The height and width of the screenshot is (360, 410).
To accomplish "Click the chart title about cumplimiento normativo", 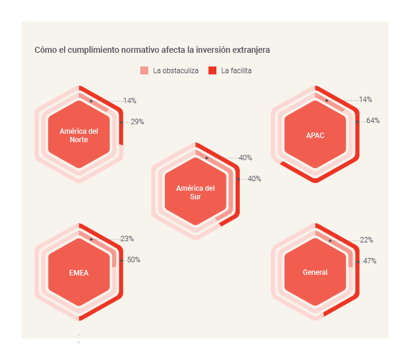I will coord(152,49).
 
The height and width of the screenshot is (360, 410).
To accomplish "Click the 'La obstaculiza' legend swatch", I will coord(144,71).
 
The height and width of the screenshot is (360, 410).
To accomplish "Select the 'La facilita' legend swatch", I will coord(212,71).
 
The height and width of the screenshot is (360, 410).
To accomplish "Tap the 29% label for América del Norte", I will coord(137,122).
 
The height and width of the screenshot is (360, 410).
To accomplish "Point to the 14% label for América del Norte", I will coord(130,101).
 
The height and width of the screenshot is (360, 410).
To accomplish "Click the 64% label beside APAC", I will coord(373,121).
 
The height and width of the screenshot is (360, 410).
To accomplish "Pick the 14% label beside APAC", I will coord(366,100).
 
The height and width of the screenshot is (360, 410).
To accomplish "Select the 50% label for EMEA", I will coord(134,260).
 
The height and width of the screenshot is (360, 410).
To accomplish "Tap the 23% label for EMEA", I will coord(127,239).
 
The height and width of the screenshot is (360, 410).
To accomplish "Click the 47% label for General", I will coord(370,261).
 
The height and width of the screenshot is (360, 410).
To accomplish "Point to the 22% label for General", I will coord(367,240).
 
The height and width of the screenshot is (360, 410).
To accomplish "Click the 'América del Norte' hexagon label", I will coord(79,135).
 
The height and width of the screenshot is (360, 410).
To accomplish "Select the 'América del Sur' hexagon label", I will coord(195,192).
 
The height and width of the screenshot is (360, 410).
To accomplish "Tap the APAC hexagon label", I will coord(315,135).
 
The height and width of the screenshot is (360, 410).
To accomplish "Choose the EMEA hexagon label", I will coord(79,272).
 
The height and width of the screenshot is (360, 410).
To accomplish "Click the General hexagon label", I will coord(315,272).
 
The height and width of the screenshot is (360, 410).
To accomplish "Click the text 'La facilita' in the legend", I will coord(236,71).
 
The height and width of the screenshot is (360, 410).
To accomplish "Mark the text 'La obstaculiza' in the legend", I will coord(176,71).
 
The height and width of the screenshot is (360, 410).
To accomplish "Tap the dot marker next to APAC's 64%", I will coord(357,122).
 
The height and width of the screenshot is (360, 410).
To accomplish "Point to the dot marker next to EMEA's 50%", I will coord(121,260).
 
